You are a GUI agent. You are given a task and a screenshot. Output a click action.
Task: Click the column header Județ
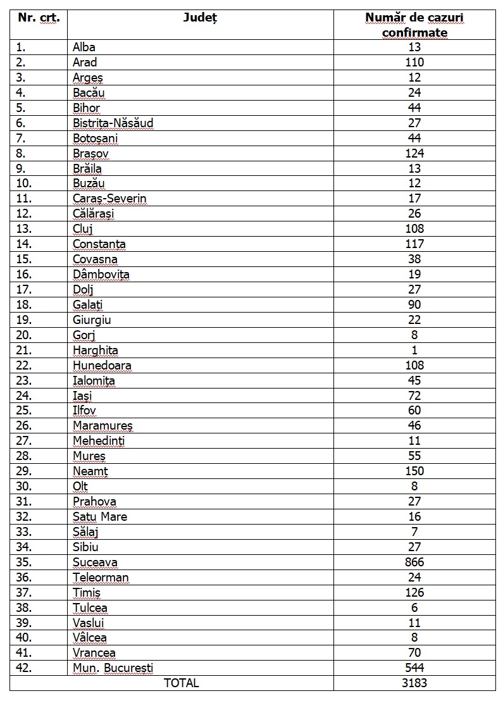(x=200, y=18)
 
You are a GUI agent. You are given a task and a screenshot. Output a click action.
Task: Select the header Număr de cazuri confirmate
(x=414, y=25)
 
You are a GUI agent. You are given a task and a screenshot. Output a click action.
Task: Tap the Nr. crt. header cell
(x=39, y=18)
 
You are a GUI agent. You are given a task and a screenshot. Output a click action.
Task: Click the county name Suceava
(x=95, y=562)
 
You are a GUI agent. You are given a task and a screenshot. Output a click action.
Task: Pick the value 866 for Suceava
(x=414, y=562)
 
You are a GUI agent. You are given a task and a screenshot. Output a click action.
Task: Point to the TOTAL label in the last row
(x=181, y=683)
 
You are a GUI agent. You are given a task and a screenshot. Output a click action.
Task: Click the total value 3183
(x=414, y=683)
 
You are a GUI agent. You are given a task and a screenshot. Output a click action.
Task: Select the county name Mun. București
(x=113, y=668)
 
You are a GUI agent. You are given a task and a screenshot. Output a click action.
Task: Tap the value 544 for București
(x=414, y=668)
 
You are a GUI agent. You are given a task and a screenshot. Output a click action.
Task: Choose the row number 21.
(x=23, y=350)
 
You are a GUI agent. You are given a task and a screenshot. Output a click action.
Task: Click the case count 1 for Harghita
(x=414, y=350)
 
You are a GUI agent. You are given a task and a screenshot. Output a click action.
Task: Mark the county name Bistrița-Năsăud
(x=113, y=123)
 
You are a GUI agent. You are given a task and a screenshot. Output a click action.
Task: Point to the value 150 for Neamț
(x=414, y=471)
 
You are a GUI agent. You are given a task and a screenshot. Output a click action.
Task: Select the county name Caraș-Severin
(x=109, y=199)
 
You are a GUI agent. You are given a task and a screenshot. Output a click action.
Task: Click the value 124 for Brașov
(x=414, y=153)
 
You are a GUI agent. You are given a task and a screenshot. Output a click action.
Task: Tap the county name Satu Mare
(x=100, y=516)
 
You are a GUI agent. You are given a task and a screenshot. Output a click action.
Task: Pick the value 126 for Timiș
(x=414, y=592)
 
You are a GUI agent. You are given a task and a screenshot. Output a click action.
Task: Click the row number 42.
(x=23, y=668)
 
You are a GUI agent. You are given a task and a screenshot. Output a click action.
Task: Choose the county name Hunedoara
(x=102, y=365)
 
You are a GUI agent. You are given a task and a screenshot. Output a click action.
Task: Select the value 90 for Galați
(x=414, y=304)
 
